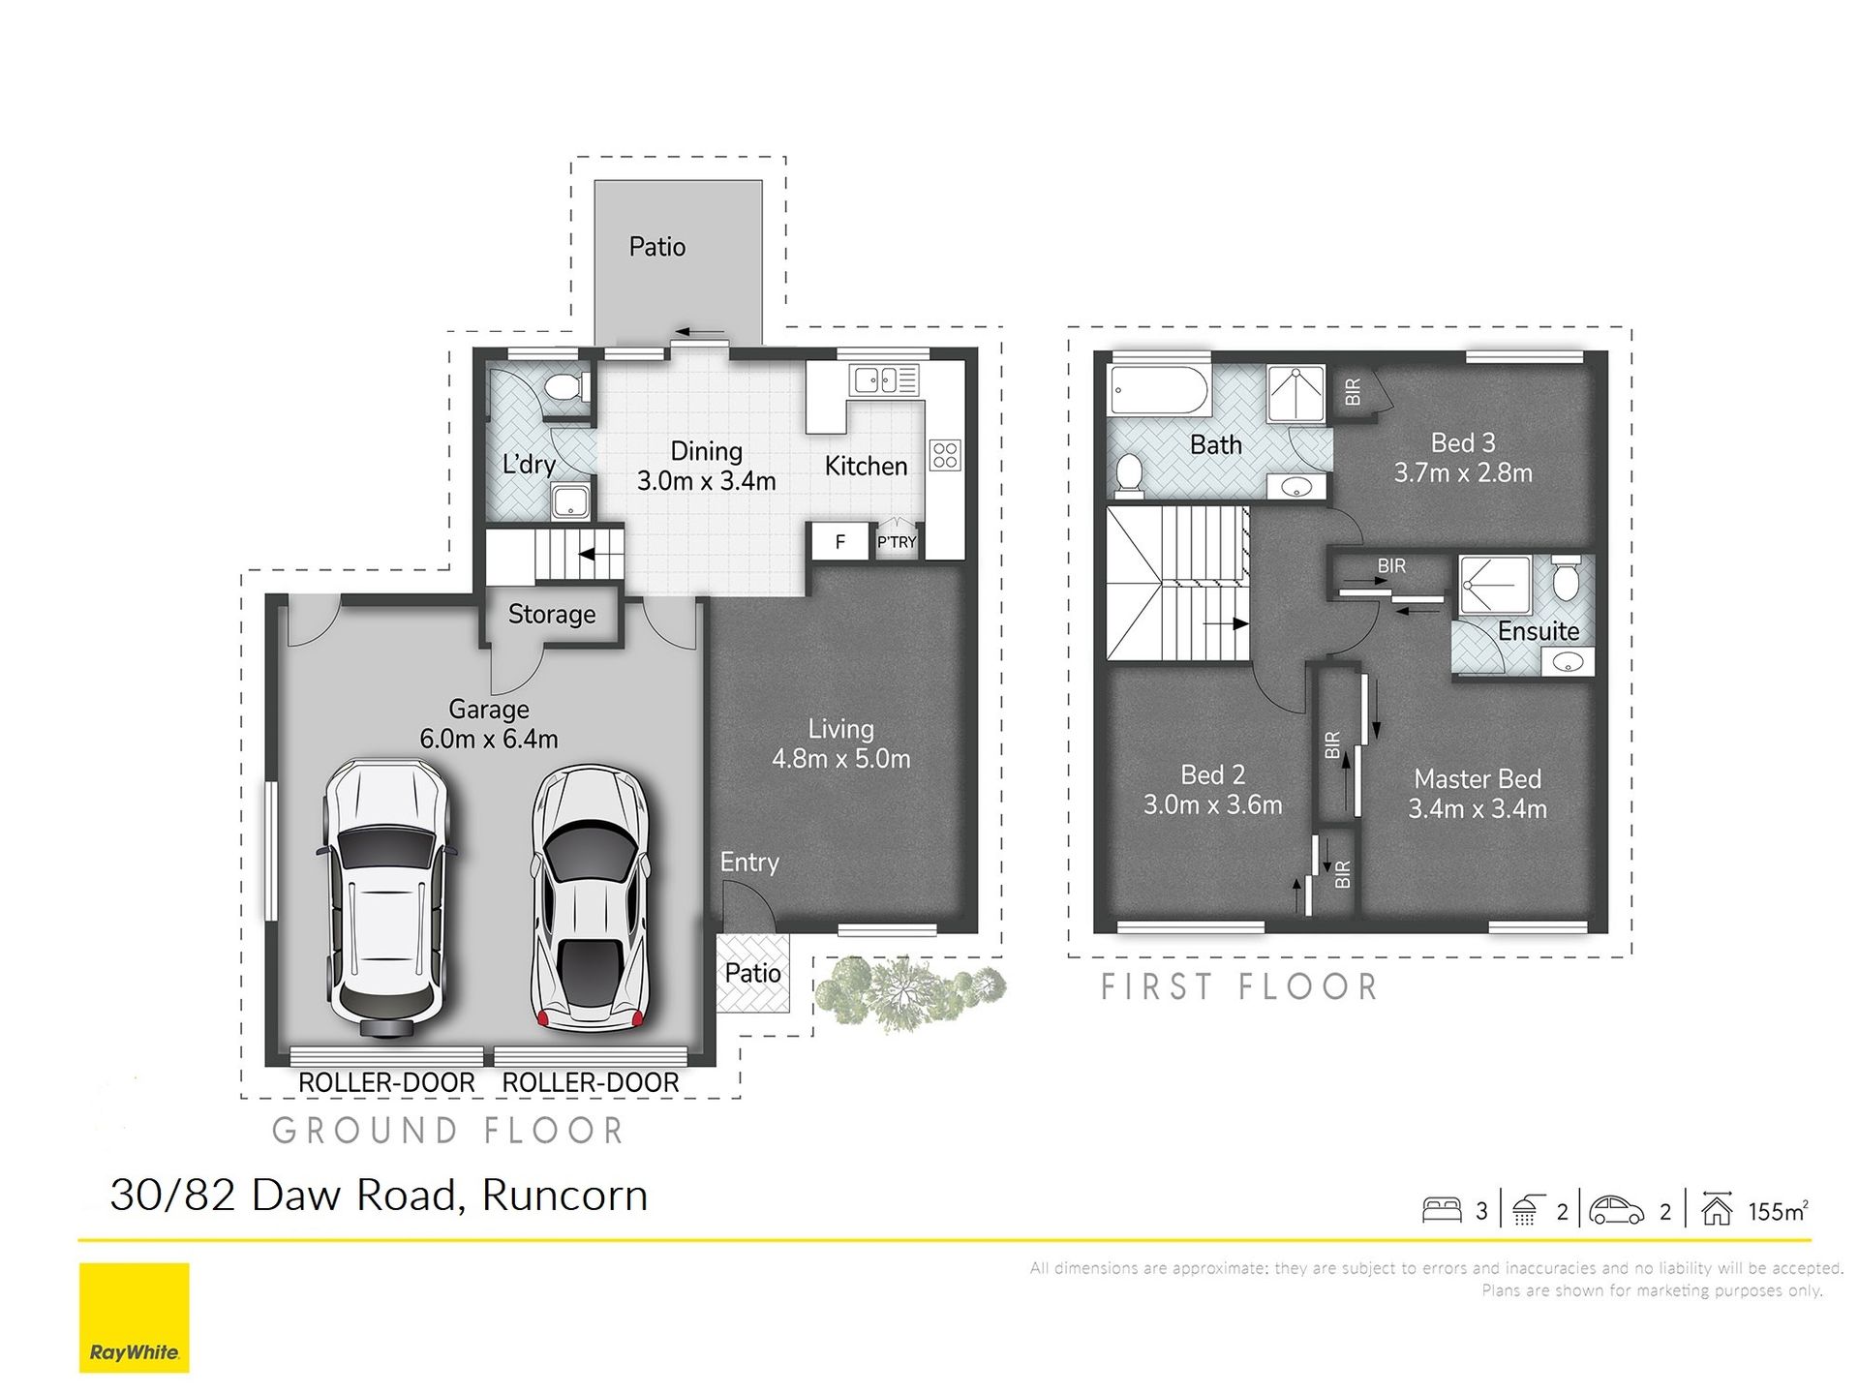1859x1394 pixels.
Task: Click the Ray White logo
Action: [x=134, y=1318]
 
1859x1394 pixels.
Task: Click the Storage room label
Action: [x=552, y=615]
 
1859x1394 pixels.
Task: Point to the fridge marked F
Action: [x=839, y=542]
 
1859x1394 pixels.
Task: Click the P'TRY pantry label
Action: [x=897, y=542]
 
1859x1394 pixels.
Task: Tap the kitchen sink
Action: [x=884, y=379]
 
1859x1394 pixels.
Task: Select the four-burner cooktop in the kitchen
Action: [x=945, y=455]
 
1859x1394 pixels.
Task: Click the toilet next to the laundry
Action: [x=567, y=389]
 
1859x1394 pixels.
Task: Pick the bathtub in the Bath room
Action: [x=1159, y=391]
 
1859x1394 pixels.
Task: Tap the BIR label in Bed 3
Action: [x=1353, y=391]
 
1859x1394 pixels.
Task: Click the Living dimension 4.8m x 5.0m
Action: [x=840, y=759]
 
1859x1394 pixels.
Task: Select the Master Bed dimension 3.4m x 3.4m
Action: [x=1478, y=809]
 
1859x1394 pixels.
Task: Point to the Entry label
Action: [x=749, y=863]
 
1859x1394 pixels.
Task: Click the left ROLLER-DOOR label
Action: [x=386, y=1082]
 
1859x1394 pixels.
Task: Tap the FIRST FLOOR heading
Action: [x=1239, y=987]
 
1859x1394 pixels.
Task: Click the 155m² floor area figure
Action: [x=1779, y=1211]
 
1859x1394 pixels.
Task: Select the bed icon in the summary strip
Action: [x=1442, y=1210]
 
